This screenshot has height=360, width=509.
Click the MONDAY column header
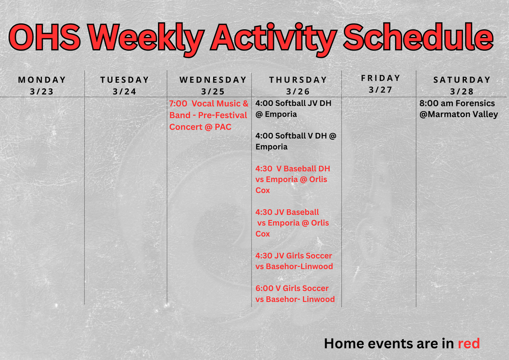(x=42, y=80)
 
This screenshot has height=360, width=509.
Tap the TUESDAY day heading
(x=124, y=80)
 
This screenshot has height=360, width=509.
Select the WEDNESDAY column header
(x=213, y=80)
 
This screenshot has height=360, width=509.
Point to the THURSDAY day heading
(x=298, y=80)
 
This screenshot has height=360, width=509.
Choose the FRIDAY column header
(x=380, y=78)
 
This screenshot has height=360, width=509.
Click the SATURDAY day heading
(x=462, y=80)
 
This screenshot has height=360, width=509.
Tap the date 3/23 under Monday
(x=42, y=91)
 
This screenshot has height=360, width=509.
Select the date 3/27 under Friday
(x=380, y=90)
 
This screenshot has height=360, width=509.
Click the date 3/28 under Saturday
(x=462, y=91)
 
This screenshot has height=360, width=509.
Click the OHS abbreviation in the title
(x=45, y=38)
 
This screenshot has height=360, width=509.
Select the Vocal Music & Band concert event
(x=208, y=115)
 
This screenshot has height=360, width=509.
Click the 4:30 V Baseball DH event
(x=292, y=179)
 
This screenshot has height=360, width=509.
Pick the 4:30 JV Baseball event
(x=292, y=223)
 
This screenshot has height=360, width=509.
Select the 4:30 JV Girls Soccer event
(x=294, y=261)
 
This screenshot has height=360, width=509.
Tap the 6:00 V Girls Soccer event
(x=295, y=293)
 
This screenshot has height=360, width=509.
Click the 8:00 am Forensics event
(x=458, y=108)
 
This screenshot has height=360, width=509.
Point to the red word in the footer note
(x=468, y=343)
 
